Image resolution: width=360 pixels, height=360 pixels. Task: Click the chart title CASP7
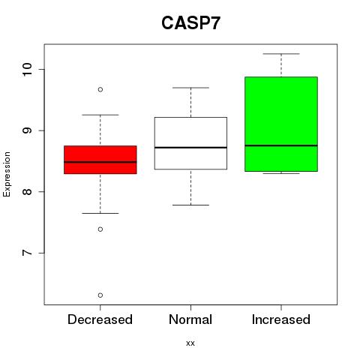(x=190, y=23)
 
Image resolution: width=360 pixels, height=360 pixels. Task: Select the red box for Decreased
(x=100, y=160)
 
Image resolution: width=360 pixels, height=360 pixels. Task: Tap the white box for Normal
(x=190, y=143)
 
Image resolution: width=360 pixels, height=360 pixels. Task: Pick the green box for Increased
(x=281, y=124)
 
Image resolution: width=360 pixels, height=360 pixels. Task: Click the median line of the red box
(x=100, y=162)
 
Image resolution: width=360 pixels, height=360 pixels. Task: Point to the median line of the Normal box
(x=190, y=148)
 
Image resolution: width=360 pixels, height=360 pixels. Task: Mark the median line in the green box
(x=281, y=145)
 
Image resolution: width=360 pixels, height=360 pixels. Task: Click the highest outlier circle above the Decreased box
(x=100, y=89)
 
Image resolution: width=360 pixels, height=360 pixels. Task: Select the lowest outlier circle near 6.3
(x=100, y=295)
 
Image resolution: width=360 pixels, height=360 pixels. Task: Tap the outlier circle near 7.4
(x=100, y=229)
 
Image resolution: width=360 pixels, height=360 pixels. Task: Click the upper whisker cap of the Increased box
(x=281, y=54)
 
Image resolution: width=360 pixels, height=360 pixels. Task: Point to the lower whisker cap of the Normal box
(x=190, y=205)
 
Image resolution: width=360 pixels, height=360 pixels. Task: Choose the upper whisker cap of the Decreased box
(x=100, y=115)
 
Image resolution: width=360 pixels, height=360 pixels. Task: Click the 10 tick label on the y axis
(x=27, y=70)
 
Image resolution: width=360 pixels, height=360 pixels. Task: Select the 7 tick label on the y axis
(x=27, y=253)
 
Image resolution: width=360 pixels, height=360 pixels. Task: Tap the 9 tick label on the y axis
(x=27, y=130)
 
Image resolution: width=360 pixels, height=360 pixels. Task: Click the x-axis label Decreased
(x=100, y=319)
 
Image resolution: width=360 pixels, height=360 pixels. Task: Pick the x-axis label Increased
(x=281, y=319)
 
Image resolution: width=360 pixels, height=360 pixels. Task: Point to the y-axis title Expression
(x=7, y=174)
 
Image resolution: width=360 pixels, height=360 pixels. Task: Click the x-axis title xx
(x=190, y=343)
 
